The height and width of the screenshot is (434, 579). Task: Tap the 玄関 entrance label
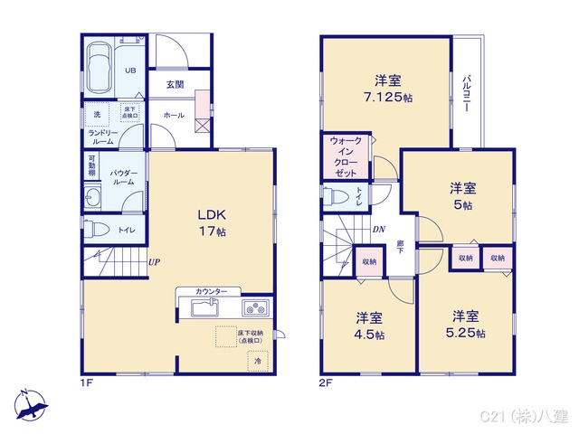pyautogui.click(x=176, y=85)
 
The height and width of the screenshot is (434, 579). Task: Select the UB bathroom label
pyautogui.click(x=129, y=71)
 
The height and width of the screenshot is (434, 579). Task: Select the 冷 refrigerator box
pyautogui.click(x=258, y=361)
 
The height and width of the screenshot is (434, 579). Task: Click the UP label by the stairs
pyautogui.click(x=155, y=262)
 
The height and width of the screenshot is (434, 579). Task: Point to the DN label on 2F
pyautogui.click(x=378, y=229)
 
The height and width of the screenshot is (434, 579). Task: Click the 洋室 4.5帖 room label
pyautogui.click(x=369, y=326)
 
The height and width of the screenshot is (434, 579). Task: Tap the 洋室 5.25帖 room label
pyautogui.click(x=466, y=325)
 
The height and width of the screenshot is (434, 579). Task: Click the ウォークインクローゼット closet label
pyautogui.click(x=346, y=156)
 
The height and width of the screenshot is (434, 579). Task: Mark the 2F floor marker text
pyautogui.click(x=326, y=382)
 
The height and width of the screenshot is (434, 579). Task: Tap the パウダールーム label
pyautogui.click(x=123, y=176)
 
